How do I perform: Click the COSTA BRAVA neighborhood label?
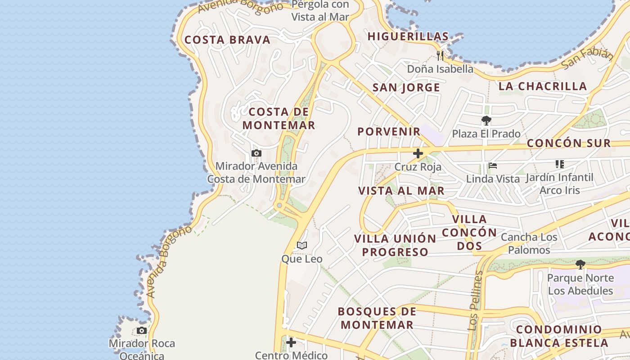(x=227, y=40)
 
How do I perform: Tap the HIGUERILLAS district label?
(x=408, y=36)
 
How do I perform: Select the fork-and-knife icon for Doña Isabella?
(x=440, y=56)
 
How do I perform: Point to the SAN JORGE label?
(x=406, y=88)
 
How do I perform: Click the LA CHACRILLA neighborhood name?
(x=543, y=86)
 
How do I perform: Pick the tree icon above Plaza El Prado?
(x=486, y=121)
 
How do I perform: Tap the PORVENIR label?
(x=389, y=131)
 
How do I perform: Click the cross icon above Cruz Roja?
(x=418, y=153)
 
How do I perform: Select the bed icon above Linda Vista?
(x=493, y=166)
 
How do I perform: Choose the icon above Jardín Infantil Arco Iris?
(x=559, y=164)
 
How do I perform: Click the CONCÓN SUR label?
(x=569, y=143)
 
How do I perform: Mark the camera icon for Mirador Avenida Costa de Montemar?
(x=256, y=153)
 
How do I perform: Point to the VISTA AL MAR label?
(x=401, y=190)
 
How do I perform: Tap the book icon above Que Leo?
(x=302, y=246)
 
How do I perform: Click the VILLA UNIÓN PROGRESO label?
(x=395, y=245)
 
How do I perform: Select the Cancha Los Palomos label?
(x=529, y=243)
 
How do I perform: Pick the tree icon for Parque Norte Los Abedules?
(x=580, y=265)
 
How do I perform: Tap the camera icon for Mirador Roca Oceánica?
(x=142, y=331)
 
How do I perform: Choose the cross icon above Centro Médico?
(x=291, y=342)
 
